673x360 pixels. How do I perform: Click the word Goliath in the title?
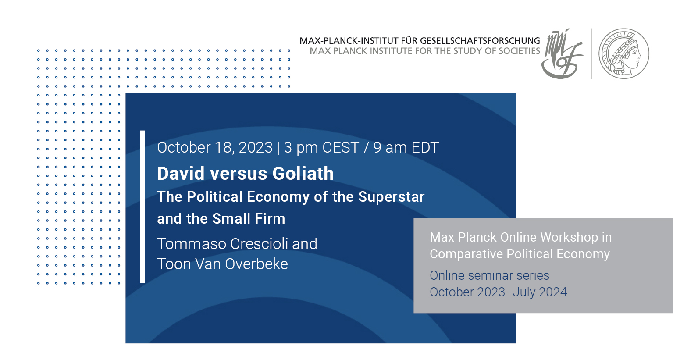[x=303, y=173]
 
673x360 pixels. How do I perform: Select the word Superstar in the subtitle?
[x=391, y=197]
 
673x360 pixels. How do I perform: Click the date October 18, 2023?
[x=215, y=147]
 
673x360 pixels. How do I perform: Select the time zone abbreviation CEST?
[x=340, y=147]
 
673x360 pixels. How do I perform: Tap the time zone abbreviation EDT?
[x=425, y=147]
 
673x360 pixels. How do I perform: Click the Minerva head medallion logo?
[x=624, y=53]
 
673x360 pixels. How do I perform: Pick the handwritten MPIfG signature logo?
[x=562, y=54]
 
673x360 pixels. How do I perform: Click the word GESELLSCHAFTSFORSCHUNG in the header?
[x=480, y=41]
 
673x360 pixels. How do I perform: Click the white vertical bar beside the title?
[x=142, y=207]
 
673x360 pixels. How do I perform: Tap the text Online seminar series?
[x=489, y=275]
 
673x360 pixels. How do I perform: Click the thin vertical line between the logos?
[x=591, y=53]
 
